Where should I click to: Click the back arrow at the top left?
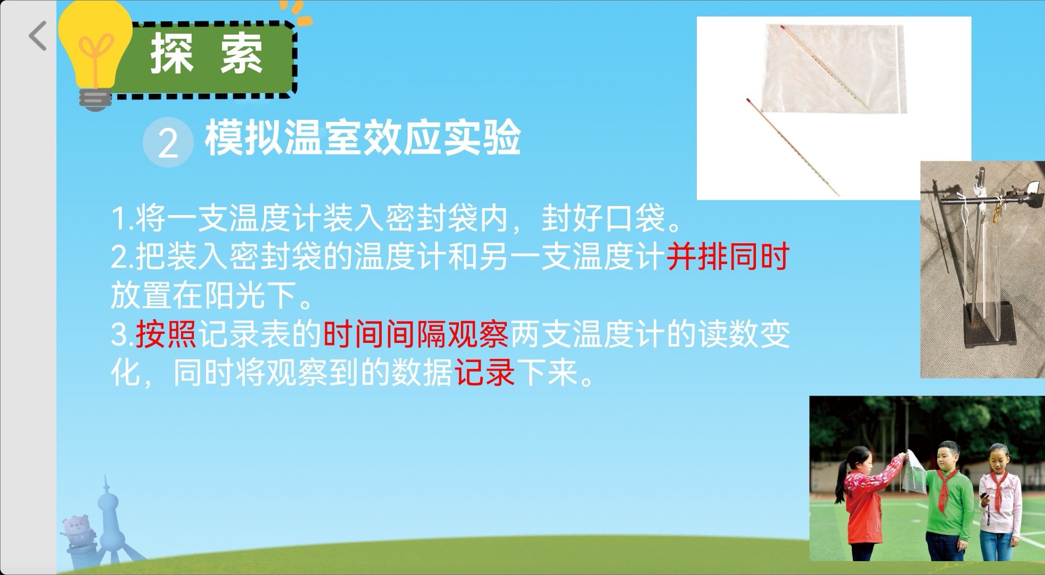[38, 36]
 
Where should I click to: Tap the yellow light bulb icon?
[95, 53]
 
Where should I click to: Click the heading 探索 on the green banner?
[207, 53]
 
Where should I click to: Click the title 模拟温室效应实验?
[363, 138]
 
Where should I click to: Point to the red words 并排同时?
[728, 257]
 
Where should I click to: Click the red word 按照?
[167, 334]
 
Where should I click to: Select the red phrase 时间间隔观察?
[416, 334]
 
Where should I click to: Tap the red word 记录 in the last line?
[484, 372]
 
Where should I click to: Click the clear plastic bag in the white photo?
[833, 69]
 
